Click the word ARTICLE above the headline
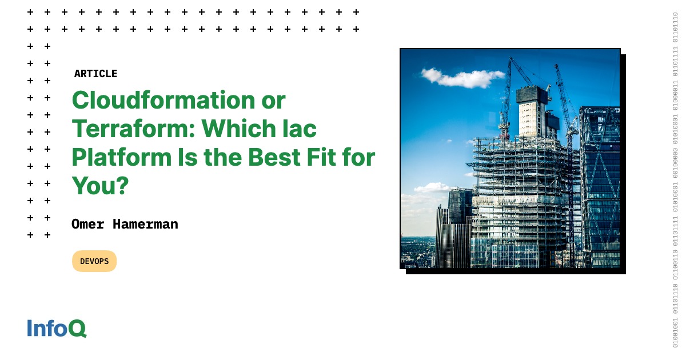point(95,74)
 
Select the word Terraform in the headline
point(132,129)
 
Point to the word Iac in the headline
point(301,129)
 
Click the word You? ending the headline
point(99,185)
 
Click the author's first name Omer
point(88,224)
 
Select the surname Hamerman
point(145,224)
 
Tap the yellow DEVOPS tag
point(94,261)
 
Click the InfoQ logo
point(57,328)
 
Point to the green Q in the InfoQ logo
point(78,329)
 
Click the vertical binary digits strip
point(675,180)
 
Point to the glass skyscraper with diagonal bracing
point(600,183)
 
